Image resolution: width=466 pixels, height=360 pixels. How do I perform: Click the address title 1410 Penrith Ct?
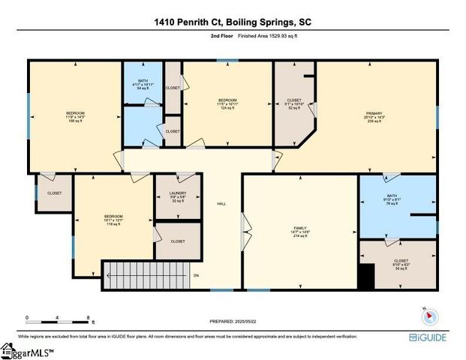(233, 21)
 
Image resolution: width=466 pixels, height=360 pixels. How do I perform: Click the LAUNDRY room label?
(177, 196)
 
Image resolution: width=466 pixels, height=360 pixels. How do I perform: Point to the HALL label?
(221, 203)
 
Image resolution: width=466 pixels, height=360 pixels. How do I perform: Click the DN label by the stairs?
(196, 275)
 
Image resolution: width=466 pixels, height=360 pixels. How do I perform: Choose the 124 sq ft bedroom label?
(227, 103)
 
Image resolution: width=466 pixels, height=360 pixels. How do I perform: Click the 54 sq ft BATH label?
(143, 84)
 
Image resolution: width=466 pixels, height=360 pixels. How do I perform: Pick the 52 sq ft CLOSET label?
(294, 103)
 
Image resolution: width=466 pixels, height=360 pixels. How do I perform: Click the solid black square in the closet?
(365, 279)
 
